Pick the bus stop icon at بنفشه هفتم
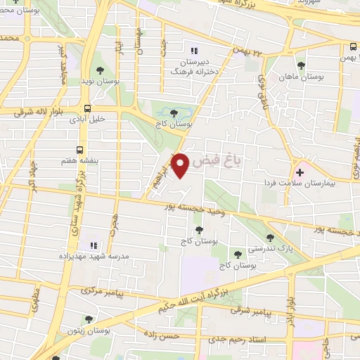[x=79, y=150]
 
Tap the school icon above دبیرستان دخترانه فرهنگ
[x=194, y=50]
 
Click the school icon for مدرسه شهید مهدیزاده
[x=93, y=245]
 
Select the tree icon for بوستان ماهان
[x=301, y=65]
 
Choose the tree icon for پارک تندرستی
[x=271, y=238]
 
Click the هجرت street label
[x=112, y=224]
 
